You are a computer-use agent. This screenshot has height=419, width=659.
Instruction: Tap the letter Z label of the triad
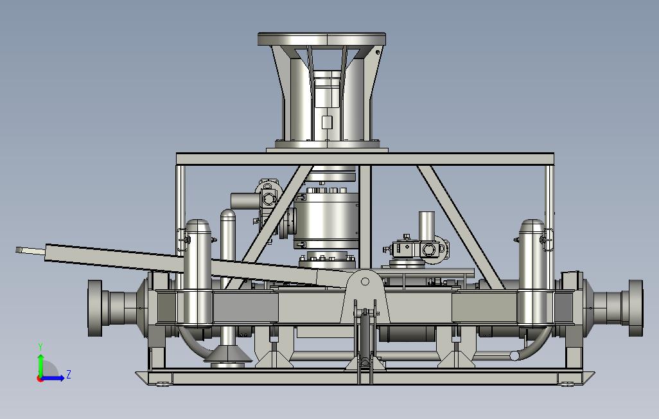click(69, 374)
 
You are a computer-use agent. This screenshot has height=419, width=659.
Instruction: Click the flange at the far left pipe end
click(94, 308)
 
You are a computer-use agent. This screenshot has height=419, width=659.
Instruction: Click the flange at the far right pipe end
click(636, 308)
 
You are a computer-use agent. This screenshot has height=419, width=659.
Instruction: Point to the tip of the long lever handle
click(17, 250)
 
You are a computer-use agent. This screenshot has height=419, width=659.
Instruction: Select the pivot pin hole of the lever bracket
click(365, 281)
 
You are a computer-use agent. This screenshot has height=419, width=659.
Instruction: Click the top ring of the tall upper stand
click(322, 40)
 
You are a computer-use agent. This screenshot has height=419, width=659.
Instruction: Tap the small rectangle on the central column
click(326, 122)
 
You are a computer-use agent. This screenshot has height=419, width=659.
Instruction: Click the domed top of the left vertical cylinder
click(198, 226)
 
